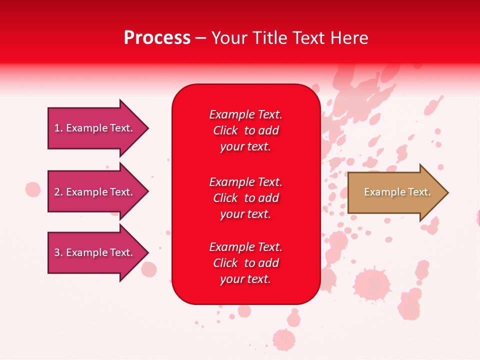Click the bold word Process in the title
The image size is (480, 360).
tap(157, 38)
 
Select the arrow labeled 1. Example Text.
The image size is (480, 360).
tap(95, 128)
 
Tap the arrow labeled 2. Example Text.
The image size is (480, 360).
tap(95, 192)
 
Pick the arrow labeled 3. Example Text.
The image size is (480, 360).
tap(95, 252)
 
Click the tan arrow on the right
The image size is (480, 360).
tap(395, 192)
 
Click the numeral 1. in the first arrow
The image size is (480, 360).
tap(58, 128)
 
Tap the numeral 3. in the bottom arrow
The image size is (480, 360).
tap(58, 252)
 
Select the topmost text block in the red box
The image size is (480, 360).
tap(245, 130)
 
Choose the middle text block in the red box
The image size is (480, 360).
tap(245, 198)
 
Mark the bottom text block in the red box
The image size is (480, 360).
tap(245, 263)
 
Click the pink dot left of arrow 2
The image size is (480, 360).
tap(33, 189)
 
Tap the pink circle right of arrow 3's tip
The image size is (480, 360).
tap(149, 269)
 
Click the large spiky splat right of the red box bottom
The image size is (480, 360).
tap(371, 284)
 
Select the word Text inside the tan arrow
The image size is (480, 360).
tap(419, 192)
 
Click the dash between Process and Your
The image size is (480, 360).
tap(201, 38)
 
